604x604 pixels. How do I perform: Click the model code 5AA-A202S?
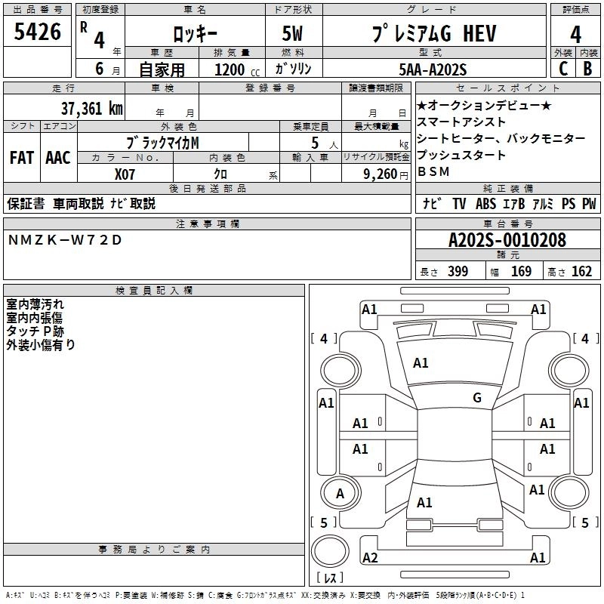click(x=433, y=69)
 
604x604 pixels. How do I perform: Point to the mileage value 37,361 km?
click(x=91, y=108)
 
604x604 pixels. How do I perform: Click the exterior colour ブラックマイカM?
click(x=163, y=142)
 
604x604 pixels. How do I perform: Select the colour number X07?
click(x=125, y=173)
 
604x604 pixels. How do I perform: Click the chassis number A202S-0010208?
click(x=507, y=240)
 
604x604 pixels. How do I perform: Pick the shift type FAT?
click(x=21, y=158)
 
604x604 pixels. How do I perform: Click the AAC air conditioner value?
click(x=57, y=158)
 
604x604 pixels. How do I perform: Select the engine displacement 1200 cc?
click(x=232, y=69)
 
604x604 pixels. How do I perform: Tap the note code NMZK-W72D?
click(x=64, y=239)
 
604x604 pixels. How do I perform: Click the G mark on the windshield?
click(x=476, y=398)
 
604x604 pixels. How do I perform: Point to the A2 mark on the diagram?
click(x=370, y=558)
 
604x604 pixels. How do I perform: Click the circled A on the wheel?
click(x=340, y=494)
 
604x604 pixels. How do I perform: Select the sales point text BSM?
click(x=433, y=171)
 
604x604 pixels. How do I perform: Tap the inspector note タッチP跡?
click(x=35, y=331)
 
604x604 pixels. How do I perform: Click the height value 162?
click(x=581, y=272)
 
